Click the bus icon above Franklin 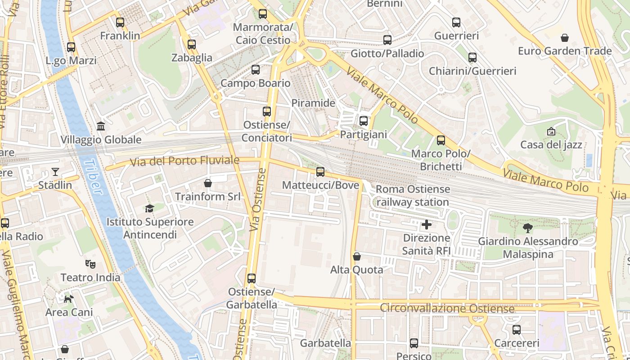pos(120,22)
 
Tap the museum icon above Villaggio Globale pos(101,126)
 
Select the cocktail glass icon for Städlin pos(55,171)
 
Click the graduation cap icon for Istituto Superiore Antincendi pos(149,208)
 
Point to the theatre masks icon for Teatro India pos(90,264)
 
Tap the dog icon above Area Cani pos(68,298)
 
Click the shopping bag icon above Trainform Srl pos(208,183)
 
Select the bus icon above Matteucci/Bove pos(320,171)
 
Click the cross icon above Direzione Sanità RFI pos(427,224)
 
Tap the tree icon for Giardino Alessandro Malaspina pos(528,228)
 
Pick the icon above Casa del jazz pos(551,131)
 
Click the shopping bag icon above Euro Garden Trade pos(565,37)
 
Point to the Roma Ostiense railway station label pos(413,196)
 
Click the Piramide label pos(313,103)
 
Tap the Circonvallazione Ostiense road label pos(447,309)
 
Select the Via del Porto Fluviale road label pos(184,161)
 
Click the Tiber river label pos(94,177)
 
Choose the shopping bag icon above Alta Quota pos(357,256)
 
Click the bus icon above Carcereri pos(517,330)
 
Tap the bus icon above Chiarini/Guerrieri pos(472,58)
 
